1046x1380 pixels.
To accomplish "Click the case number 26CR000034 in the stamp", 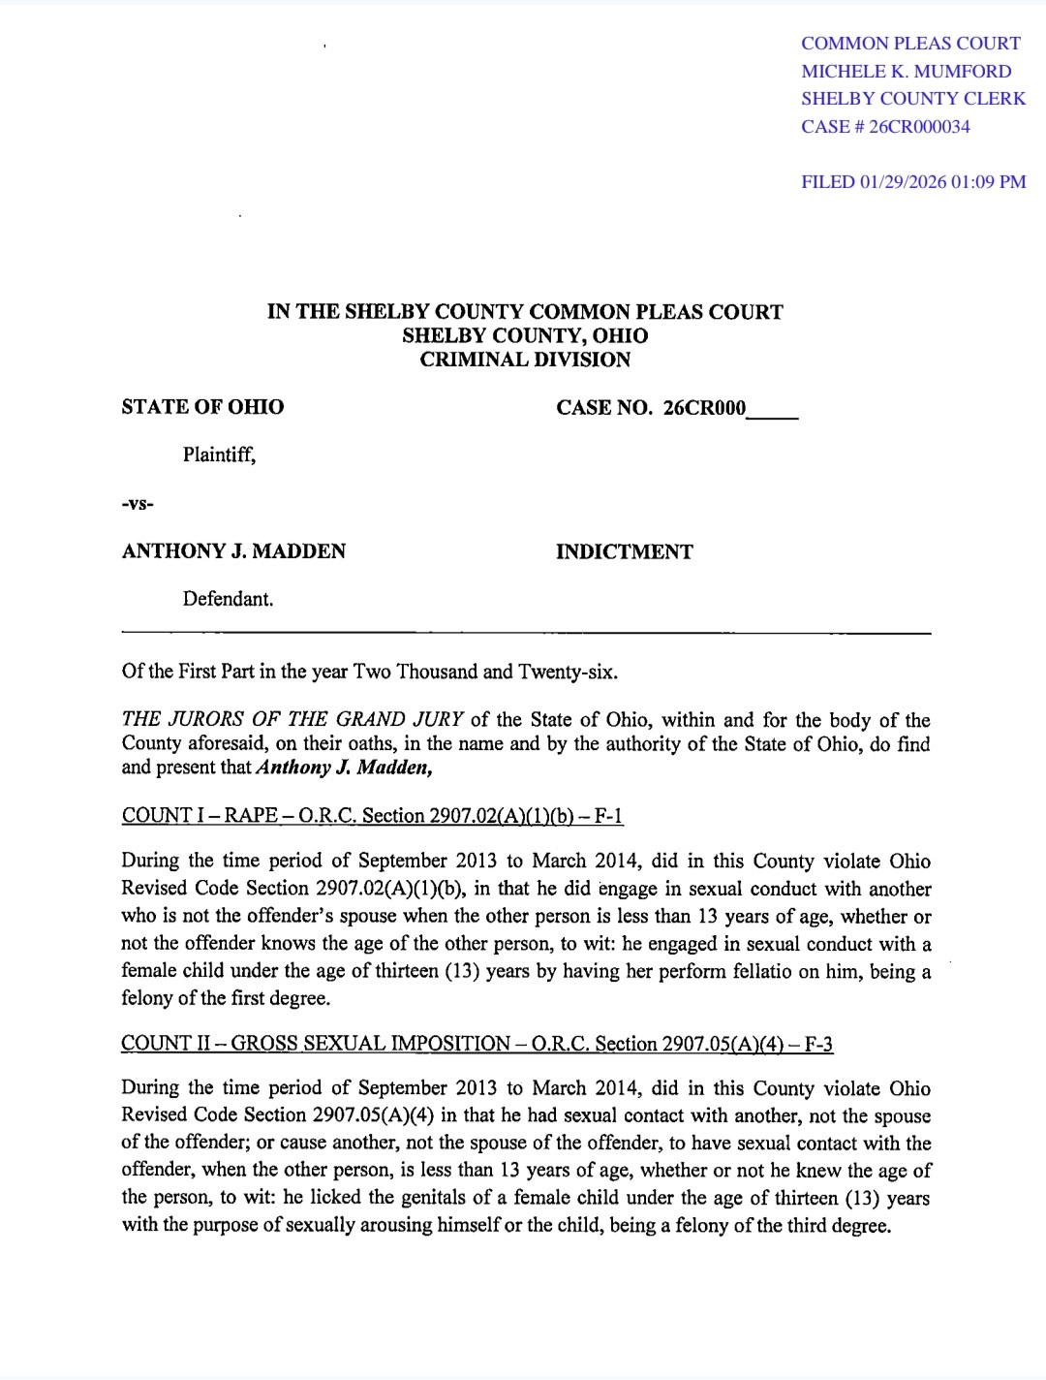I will coord(919,127).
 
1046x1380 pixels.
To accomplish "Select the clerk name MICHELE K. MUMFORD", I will coord(907,72).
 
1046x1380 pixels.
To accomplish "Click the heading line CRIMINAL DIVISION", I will coord(525,360).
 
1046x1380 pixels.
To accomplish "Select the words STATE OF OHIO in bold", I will coord(202,407).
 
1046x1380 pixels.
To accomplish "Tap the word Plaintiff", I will coord(219,455).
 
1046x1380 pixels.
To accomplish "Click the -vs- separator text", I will coord(138,504).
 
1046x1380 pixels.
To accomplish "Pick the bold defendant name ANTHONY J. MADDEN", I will coord(233,551).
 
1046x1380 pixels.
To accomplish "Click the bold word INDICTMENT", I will coord(624,552).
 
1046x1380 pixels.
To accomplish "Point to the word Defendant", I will coord(228,599).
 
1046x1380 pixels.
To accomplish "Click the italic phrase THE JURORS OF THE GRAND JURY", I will coord(292,720).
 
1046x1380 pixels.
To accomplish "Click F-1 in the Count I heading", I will coord(608,816).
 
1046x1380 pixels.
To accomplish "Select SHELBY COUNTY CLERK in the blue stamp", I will coord(913,99).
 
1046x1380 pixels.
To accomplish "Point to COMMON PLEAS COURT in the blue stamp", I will coord(910,44).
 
